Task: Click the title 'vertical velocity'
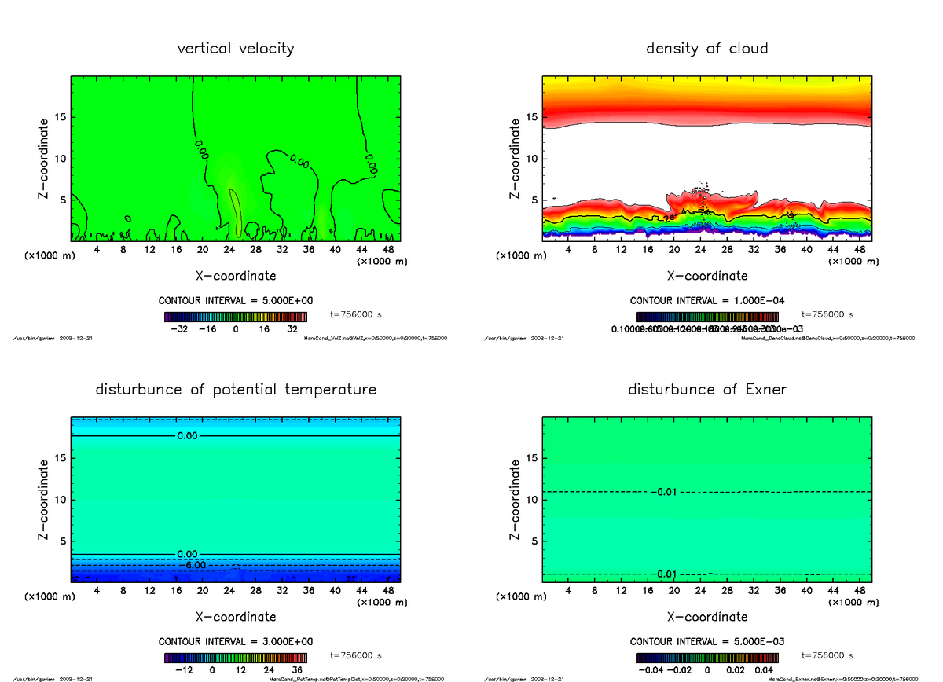(236, 49)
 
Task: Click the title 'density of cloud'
(706, 49)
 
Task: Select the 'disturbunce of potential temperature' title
(236, 390)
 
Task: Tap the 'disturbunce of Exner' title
(706, 390)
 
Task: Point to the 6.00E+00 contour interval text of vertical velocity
(236, 301)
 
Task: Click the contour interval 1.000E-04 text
(706, 301)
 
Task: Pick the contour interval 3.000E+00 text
(236, 641)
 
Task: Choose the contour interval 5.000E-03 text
(706, 641)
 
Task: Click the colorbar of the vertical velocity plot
(236, 317)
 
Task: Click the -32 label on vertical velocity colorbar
(182, 330)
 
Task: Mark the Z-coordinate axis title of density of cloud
(515, 158)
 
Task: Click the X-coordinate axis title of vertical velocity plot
(236, 276)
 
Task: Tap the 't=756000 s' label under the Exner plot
(827, 655)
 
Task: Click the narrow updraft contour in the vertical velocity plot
(236, 212)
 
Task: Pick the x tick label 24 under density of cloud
(701, 250)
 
